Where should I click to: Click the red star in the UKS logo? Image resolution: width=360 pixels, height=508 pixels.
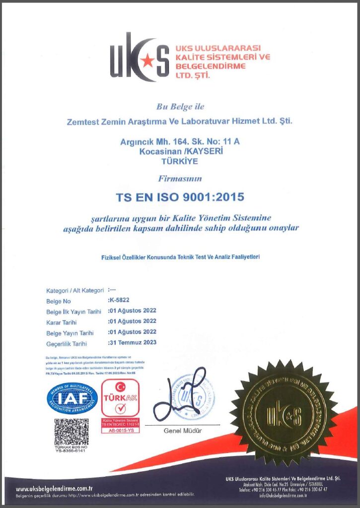[147, 61]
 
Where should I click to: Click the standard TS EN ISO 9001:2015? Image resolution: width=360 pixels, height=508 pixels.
[180, 197]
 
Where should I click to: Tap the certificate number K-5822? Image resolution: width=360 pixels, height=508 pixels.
[119, 301]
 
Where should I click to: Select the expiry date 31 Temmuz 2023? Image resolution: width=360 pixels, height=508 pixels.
[132, 343]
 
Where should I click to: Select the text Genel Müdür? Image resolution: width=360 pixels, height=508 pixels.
[183, 431]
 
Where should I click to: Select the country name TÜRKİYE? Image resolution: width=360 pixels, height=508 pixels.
[180, 161]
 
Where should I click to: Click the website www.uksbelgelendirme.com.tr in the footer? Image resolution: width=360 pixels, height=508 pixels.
[55, 488]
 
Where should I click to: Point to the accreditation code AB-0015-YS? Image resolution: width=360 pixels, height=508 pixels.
[120, 431]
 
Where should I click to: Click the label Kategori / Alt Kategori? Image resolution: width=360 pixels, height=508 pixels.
[75, 291]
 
